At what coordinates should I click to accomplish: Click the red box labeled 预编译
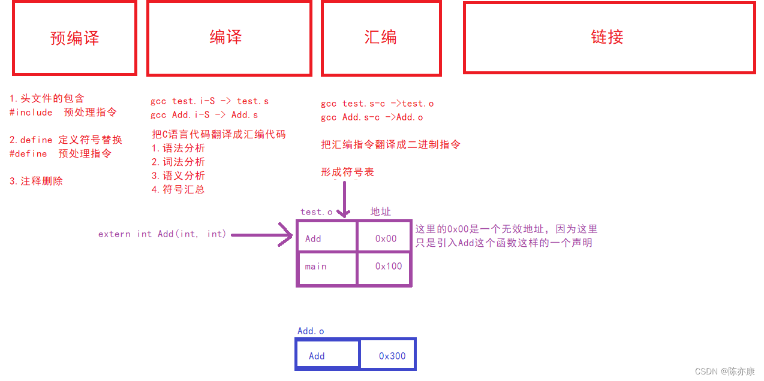click(x=74, y=38)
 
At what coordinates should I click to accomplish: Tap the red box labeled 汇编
click(x=381, y=38)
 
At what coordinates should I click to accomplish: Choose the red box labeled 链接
click(x=609, y=38)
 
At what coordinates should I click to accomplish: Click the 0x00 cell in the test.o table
click(x=386, y=238)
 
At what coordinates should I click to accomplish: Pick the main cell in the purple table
click(x=327, y=267)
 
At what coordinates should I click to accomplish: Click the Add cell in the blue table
click(x=327, y=356)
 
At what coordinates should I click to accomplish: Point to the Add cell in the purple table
click(x=327, y=238)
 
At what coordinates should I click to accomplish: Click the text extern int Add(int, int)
click(x=162, y=234)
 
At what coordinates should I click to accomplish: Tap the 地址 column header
click(x=380, y=211)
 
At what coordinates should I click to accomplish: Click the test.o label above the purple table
click(x=316, y=212)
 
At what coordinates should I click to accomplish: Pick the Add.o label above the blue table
click(x=311, y=331)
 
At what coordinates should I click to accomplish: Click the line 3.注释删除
click(x=36, y=181)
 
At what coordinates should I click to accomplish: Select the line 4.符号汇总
click(x=178, y=189)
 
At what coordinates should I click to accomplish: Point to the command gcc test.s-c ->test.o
click(x=377, y=104)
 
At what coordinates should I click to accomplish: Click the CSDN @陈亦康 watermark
click(x=724, y=371)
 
